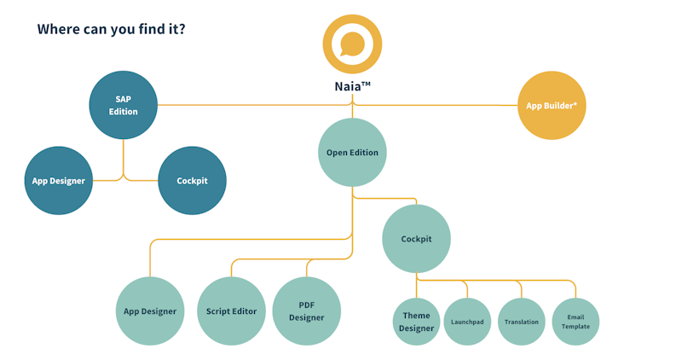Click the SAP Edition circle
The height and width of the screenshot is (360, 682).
(x=124, y=105)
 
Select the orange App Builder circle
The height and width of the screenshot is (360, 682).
(x=552, y=105)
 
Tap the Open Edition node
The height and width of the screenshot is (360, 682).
(x=352, y=153)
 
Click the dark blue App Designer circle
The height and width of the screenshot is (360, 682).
(x=58, y=180)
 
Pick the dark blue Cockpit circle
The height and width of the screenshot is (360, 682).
(x=192, y=180)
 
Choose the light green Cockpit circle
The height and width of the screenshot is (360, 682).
(x=416, y=239)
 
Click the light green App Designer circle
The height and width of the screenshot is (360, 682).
(x=150, y=311)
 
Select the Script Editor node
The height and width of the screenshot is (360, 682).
(x=231, y=311)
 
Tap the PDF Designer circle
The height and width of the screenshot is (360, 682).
(x=306, y=311)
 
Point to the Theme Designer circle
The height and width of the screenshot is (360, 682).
(x=416, y=322)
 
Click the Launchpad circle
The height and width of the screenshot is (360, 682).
(x=467, y=322)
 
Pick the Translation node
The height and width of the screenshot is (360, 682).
(x=521, y=322)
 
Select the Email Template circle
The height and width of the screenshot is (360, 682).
(x=575, y=322)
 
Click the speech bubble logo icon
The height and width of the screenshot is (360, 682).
(x=352, y=44)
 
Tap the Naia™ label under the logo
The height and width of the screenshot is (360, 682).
(x=352, y=86)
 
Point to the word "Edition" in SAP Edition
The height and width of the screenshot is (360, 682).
(x=124, y=112)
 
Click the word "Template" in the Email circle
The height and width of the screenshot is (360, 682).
(x=575, y=327)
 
